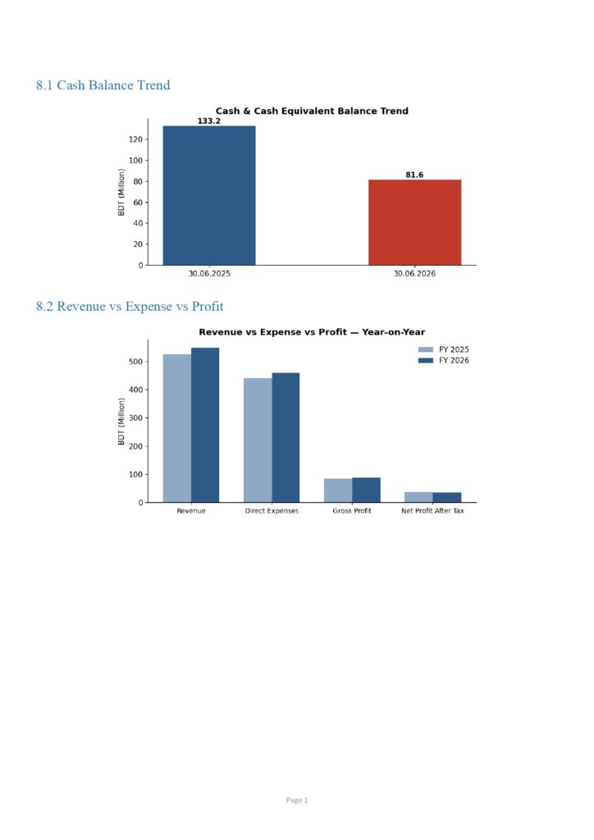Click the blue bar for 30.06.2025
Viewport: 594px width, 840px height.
[x=209, y=195]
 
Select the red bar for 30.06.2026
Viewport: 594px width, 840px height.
[x=414, y=222]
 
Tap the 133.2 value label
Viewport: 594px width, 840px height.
[x=209, y=121]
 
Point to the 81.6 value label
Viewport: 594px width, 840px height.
[x=414, y=175]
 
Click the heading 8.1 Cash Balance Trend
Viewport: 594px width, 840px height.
[x=103, y=85]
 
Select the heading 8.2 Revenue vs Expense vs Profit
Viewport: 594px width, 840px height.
[x=130, y=307]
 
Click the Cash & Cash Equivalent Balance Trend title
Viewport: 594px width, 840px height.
[x=312, y=111]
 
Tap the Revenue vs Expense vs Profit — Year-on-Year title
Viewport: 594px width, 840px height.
[x=312, y=332]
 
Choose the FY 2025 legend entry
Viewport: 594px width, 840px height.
[x=444, y=349]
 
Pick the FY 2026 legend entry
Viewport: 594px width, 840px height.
[x=444, y=361]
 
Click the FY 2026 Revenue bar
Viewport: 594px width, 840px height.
[x=205, y=426]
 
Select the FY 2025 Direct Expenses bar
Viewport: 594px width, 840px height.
[x=258, y=441]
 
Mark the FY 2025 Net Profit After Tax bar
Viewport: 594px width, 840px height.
[x=419, y=497]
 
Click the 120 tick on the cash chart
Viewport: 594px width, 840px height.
[x=135, y=139]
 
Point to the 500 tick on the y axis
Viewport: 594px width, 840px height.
[x=135, y=362]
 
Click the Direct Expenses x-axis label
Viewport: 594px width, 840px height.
[x=272, y=511]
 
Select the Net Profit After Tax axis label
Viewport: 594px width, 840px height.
[x=432, y=511]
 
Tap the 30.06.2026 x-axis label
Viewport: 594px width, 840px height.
[x=414, y=274]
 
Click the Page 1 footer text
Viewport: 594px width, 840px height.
[x=297, y=801]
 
